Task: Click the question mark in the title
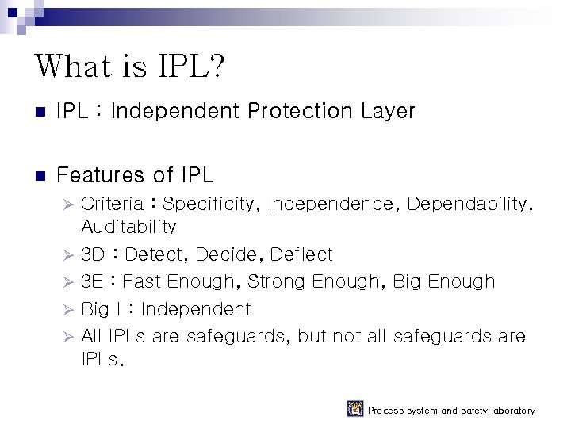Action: point(216,67)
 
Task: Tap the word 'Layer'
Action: point(388,111)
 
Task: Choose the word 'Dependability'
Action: point(469,204)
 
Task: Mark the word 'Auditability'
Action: point(128,227)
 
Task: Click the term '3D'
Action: point(93,254)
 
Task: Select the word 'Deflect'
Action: point(301,254)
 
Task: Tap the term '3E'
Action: point(92,281)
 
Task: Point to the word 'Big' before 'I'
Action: point(95,309)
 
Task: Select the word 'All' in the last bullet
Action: point(92,336)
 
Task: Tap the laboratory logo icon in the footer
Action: point(355,409)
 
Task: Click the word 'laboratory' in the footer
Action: point(510,411)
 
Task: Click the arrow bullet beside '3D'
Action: point(67,255)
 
